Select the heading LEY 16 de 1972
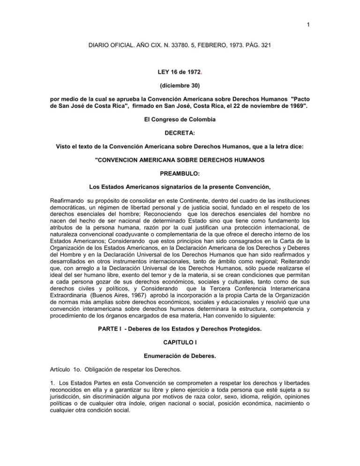pyautogui.click(x=180, y=71)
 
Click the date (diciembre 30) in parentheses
pyautogui.click(x=180, y=86)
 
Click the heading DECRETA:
pyautogui.click(x=180, y=139)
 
